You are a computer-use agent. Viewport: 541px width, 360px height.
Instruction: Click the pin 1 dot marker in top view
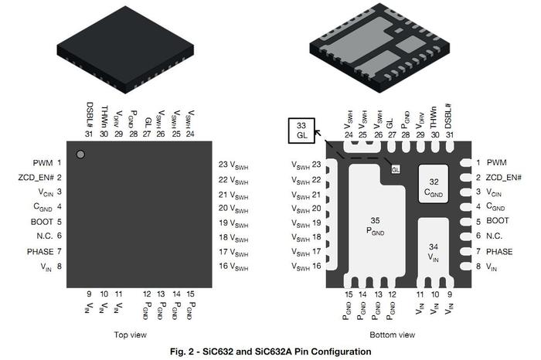click(80, 155)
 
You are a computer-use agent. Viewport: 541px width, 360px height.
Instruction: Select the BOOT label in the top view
click(43, 222)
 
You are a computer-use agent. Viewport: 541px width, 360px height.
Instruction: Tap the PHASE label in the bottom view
click(499, 252)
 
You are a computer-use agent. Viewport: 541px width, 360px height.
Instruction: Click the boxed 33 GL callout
click(301, 131)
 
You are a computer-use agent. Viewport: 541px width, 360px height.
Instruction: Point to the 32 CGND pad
click(434, 187)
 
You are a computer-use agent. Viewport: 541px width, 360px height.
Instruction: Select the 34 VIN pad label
click(434, 252)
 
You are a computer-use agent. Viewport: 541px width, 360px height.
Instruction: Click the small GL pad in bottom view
click(396, 169)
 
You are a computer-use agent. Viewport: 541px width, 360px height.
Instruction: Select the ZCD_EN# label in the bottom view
click(504, 178)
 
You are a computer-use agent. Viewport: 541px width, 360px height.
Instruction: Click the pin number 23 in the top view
click(223, 164)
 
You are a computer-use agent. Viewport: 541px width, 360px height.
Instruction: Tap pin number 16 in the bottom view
click(316, 267)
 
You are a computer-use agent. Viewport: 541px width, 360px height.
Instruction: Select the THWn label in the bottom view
click(434, 115)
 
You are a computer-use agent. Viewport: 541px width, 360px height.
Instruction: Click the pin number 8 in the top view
click(59, 267)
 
